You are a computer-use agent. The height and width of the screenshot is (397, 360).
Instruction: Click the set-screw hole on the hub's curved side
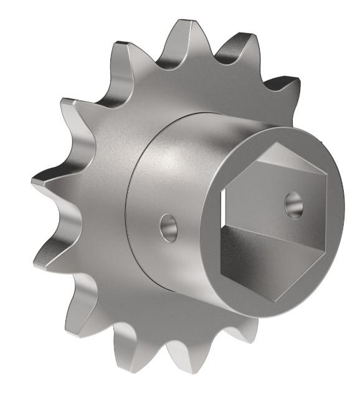[168, 228]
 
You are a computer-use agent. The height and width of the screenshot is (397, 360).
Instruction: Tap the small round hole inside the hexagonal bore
[293, 204]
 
